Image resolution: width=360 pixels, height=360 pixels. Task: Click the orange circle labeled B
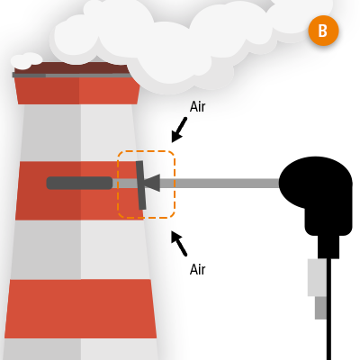coord(322,31)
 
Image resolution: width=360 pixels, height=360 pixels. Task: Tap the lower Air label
coord(198,268)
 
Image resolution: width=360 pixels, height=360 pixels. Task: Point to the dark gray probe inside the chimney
coord(79,183)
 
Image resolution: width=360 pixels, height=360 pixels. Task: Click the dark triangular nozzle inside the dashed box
coord(151,184)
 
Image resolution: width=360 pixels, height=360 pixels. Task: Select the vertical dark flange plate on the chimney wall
coord(141,184)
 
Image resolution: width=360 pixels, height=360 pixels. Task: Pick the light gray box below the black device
coord(316,277)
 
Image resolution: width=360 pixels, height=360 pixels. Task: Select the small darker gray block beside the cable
coord(320,308)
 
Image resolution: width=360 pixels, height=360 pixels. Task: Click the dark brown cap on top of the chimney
coord(72,69)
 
